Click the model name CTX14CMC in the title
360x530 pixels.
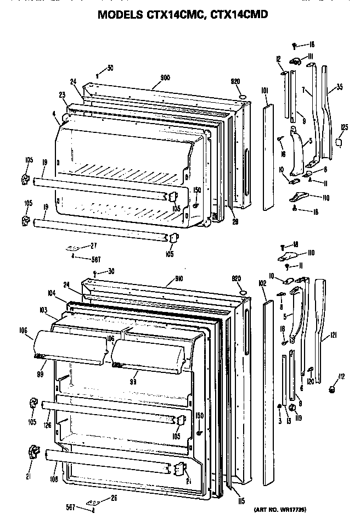pyautogui.click(x=175, y=15)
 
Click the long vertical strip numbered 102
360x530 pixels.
pyautogui.click(x=268, y=384)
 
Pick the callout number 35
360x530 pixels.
pyautogui.click(x=340, y=87)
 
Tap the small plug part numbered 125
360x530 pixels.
pyautogui.click(x=338, y=143)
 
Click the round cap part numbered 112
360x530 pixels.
pyautogui.click(x=333, y=389)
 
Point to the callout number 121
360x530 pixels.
pyautogui.click(x=333, y=336)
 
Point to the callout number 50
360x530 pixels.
pyautogui.click(x=110, y=68)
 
